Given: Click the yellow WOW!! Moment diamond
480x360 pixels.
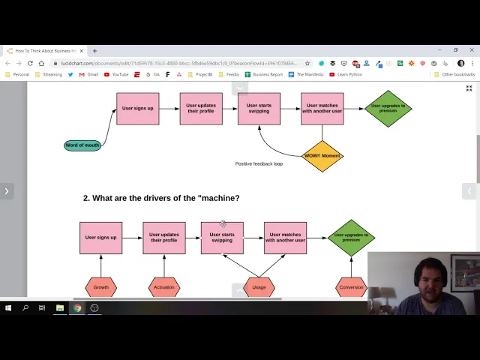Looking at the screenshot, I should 322,156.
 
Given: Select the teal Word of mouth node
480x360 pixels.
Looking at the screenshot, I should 82,145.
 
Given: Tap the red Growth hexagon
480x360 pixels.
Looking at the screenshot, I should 101,287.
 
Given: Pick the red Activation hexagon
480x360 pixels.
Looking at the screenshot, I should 163,287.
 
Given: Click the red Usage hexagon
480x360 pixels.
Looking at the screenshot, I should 259,287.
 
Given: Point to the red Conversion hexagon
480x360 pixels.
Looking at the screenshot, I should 351,287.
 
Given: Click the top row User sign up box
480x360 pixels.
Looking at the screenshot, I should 137,109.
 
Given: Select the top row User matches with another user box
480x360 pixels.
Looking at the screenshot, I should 322,109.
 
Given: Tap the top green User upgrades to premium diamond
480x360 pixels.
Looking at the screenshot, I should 388,109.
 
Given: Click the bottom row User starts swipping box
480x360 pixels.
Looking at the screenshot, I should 222,238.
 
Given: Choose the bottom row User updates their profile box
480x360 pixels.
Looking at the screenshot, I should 163,238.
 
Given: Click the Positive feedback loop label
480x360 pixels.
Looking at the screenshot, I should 259,163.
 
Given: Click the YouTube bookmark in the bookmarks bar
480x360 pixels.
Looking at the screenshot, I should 117,74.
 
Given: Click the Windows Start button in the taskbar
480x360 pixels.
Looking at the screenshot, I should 8,307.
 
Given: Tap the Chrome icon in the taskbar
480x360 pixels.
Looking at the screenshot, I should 77,307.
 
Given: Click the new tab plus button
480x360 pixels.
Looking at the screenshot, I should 95,51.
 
